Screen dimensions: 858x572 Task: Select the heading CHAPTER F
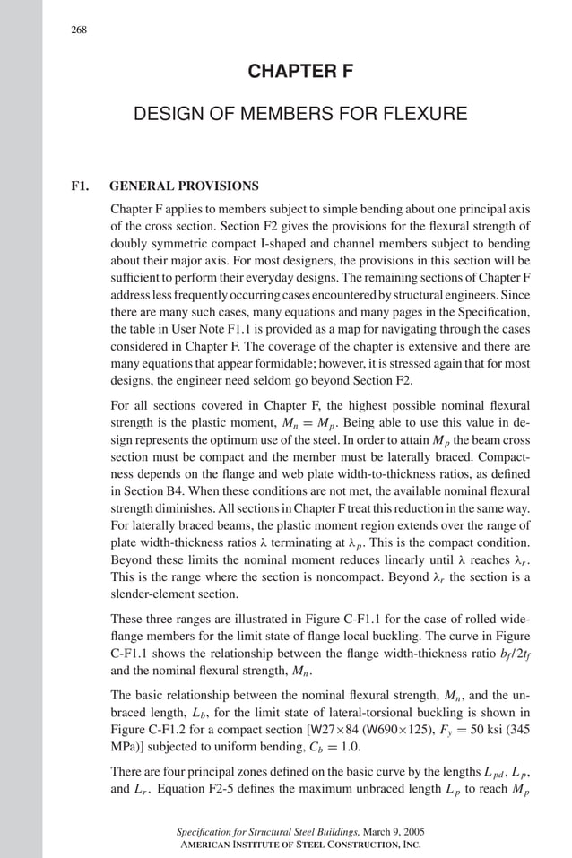(x=299, y=71)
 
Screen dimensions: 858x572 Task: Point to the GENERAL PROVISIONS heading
(x=184, y=186)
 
